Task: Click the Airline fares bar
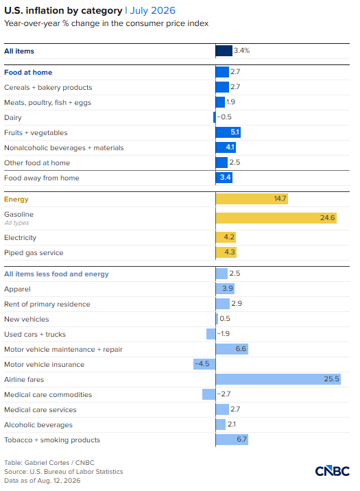point(278,379)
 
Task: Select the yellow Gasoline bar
point(276,218)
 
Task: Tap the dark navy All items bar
point(224,51)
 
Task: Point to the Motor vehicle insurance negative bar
point(204,364)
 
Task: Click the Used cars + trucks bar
point(211,334)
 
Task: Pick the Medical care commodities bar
point(208,394)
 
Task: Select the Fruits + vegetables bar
point(228,132)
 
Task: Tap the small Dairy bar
point(215,117)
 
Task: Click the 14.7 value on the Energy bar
point(280,199)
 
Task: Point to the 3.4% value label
point(241,51)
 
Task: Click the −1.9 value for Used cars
point(224,334)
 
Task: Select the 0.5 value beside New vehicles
point(225,319)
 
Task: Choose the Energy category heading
point(16,200)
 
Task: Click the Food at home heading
point(28,72)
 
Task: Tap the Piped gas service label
point(34,253)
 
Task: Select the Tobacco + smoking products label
point(52,440)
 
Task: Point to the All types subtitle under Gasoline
point(16,223)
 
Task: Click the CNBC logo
point(333,471)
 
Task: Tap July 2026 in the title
point(153,11)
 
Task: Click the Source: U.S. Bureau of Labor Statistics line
point(64,472)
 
